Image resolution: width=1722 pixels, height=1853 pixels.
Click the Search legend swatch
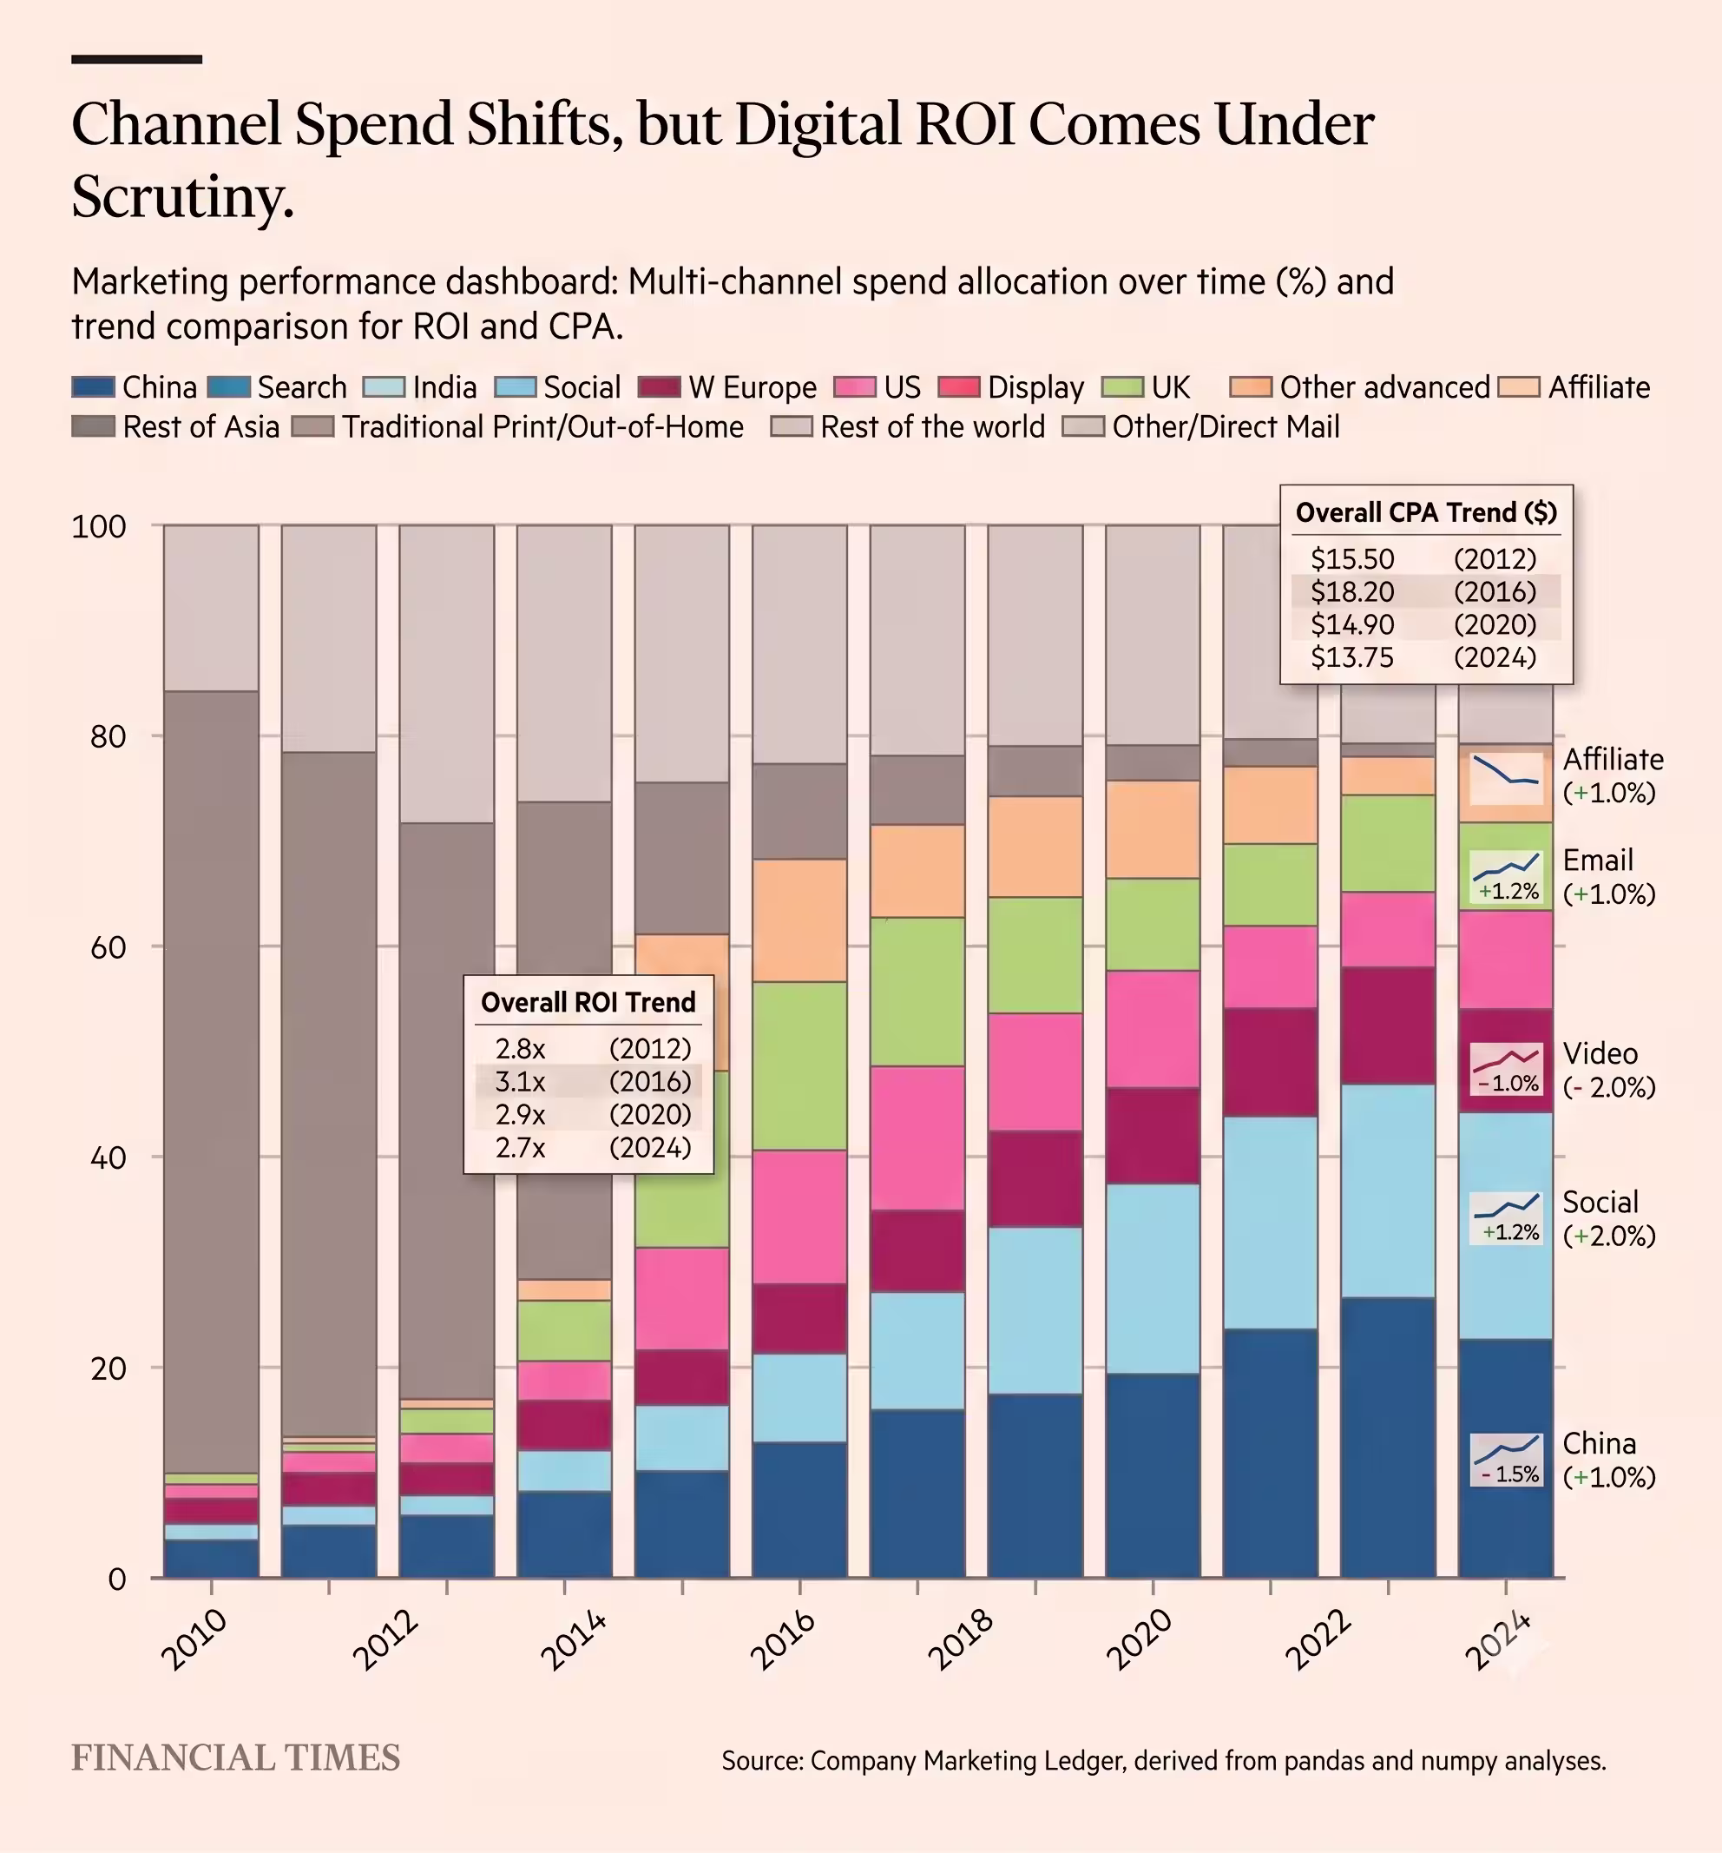click(x=229, y=386)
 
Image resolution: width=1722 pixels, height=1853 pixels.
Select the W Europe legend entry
click(x=727, y=386)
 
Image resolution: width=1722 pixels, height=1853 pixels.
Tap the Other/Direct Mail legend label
click(x=1226, y=427)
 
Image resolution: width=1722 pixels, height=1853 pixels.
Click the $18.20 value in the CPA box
click(x=1352, y=592)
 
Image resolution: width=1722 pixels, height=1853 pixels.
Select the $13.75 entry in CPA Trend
click(x=1352, y=657)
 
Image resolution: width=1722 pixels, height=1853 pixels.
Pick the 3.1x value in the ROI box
click(x=520, y=1081)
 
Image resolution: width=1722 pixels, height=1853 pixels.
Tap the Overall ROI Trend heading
click(x=588, y=1002)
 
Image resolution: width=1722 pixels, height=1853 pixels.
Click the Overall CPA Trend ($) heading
click(x=1426, y=511)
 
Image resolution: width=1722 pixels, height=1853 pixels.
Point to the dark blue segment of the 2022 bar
click(x=1388, y=1437)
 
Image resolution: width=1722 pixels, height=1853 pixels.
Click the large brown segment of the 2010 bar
click(x=212, y=1081)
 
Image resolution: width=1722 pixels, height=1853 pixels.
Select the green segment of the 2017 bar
click(x=917, y=992)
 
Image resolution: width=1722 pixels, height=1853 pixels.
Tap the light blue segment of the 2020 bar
click(x=1153, y=1279)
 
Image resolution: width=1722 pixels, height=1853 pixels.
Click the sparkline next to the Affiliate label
click(x=1505, y=771)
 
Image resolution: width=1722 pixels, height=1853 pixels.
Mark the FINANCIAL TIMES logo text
click(x=236, y=1758)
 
